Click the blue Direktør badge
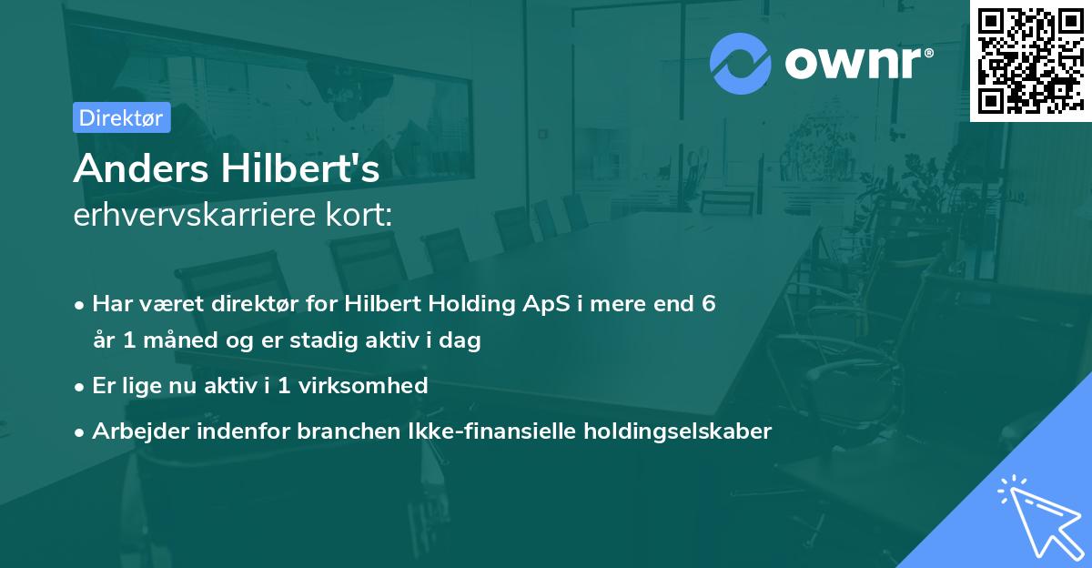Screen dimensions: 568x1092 tap(122, 117)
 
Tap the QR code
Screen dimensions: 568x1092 tap(1030, 61)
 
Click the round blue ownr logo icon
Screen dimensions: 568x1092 tap(741, 64)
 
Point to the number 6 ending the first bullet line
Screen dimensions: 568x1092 tap(708, 304)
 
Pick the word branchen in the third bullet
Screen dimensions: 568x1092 tap(341, 431)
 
